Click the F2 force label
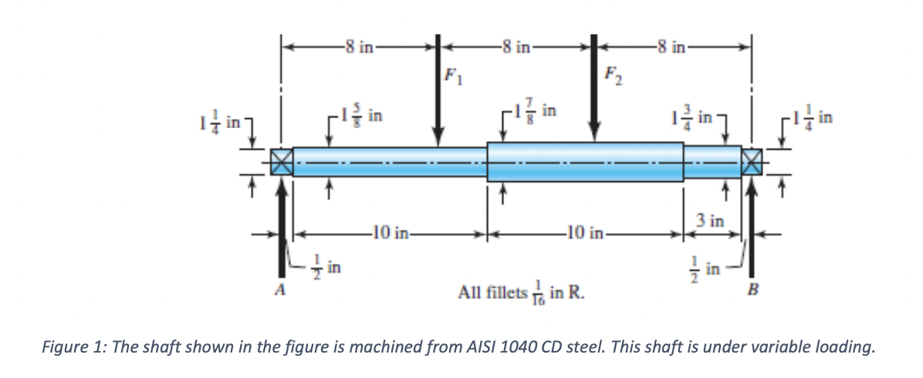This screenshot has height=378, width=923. pyautogui.click(x=610, y=76)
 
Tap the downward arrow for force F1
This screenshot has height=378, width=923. pyautogui.click(x=438, y=93)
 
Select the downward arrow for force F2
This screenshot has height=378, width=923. pyautogui.click(x=594, y=93)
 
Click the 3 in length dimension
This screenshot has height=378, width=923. pyautogui.click(x=710, y=221)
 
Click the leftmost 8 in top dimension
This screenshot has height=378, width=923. pyautogui.click(x=360, y=46)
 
